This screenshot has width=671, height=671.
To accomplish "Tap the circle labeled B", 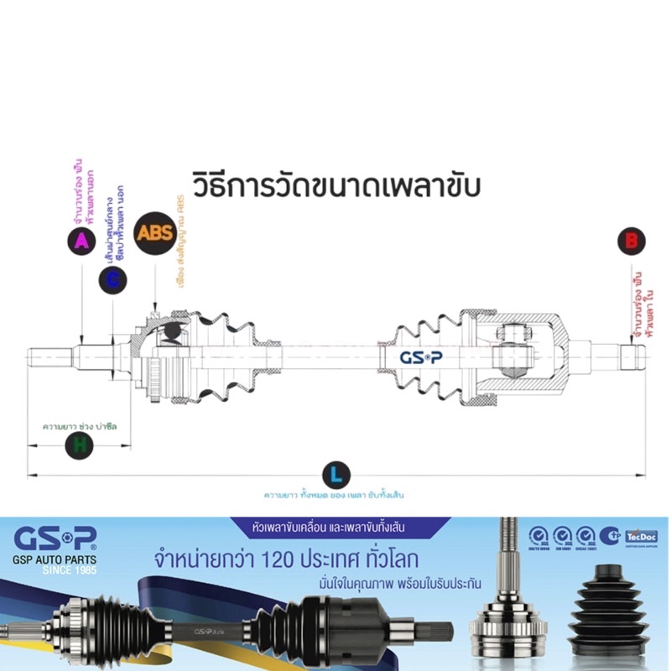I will (632, 242).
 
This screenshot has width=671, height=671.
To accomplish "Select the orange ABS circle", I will (156, 231).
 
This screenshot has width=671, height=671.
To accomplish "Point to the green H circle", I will (79, 445).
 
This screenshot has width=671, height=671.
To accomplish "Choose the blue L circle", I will (335, 476).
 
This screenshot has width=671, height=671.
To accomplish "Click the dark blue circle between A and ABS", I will (112, 280).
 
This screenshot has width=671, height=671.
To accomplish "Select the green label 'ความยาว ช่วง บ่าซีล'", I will (81, 427).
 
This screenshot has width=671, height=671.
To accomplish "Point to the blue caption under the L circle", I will (334, 495).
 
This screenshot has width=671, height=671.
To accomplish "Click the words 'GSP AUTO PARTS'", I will (55, 559).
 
